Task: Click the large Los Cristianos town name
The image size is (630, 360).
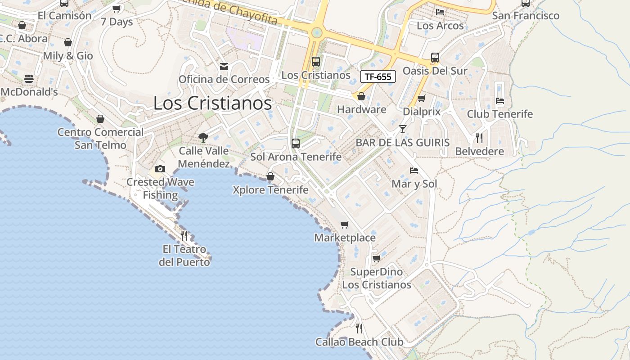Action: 212,103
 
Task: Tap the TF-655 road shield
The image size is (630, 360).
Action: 378,76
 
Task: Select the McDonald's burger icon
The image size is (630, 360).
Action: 29,79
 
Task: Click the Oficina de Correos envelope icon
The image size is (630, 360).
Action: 224,67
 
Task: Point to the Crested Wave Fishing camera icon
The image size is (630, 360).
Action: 160,169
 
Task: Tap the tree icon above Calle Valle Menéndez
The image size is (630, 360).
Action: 203,137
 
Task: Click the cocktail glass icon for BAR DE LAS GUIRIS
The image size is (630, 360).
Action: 403,129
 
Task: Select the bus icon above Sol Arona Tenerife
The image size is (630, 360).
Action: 296,143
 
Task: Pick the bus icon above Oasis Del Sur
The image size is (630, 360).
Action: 435,58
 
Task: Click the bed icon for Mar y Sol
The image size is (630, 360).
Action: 414,171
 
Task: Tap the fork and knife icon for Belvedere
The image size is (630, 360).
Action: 479,138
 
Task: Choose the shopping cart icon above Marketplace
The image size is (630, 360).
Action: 345,224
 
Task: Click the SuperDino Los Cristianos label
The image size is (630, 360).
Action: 377,278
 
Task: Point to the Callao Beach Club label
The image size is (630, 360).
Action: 359,342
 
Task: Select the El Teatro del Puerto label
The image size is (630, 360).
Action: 184,255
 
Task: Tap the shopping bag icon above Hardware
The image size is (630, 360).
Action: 361,96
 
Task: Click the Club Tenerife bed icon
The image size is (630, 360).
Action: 499,100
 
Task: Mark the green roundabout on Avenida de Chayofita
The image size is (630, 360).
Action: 317,32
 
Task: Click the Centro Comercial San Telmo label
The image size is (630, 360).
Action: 101,139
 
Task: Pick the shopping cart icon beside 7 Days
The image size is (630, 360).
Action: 117,9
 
